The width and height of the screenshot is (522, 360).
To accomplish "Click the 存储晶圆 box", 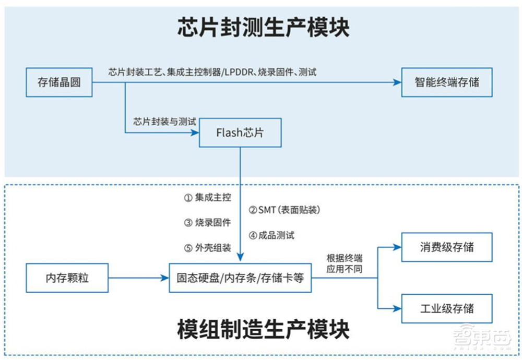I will (59, 82).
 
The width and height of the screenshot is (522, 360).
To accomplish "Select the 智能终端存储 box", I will (447, 82).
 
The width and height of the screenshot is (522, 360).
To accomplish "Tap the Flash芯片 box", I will (240, 133).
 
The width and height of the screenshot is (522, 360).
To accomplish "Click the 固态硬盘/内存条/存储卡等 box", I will (240, 278).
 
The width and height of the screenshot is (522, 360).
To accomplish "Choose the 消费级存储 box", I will (447, 247).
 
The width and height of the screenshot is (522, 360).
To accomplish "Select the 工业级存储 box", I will (447, 308).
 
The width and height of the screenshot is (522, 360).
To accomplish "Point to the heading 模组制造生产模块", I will (263, 330).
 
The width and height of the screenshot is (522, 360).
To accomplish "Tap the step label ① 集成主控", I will (206, 198).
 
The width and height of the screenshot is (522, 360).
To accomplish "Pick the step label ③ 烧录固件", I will (206, 223).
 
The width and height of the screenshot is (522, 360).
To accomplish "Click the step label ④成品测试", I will (271, 235).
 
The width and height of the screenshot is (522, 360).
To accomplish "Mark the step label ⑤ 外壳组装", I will (206, 248).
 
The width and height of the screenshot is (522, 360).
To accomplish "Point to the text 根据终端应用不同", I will (345, 263).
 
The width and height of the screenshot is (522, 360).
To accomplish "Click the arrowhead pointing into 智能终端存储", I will (397, 82).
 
